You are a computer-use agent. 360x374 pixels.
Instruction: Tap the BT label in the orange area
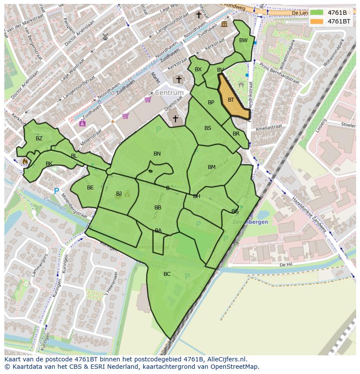(231, 100)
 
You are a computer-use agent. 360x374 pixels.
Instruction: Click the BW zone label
(243, 40)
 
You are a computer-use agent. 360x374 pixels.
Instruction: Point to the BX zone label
(198, 70)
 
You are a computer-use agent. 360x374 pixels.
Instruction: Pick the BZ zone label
(39, 139)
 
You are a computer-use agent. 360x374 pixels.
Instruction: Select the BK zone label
(49, 164)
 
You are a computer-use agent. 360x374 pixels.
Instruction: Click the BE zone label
(90, 188)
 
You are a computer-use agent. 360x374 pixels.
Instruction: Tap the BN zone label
(157, 154)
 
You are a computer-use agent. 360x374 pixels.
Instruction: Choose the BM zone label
(211, 167)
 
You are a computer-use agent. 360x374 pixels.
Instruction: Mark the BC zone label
(167, 274)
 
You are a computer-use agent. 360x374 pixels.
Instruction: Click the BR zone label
(236, 134)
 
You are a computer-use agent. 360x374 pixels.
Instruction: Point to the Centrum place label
(170, 93)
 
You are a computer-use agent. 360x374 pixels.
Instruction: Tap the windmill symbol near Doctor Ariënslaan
(105, 37)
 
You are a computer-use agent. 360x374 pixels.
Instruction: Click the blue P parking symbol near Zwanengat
(56, 191)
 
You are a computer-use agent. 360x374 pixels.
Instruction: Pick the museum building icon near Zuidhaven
(224, 24)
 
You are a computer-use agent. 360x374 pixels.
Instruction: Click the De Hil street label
(285, 264)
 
